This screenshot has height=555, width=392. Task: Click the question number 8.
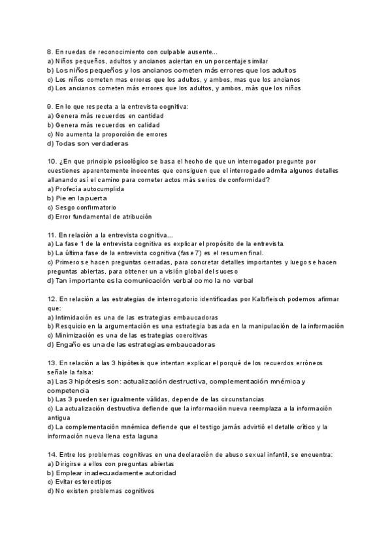click(x=50, y=52)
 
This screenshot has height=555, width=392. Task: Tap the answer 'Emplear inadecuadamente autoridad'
click(x=106, y=473)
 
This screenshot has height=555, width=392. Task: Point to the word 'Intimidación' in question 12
click(x=74, y=317)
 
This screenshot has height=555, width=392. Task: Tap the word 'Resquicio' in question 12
click(x=72, y=326)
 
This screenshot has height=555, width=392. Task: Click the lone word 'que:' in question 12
click(x=54, y=308)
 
